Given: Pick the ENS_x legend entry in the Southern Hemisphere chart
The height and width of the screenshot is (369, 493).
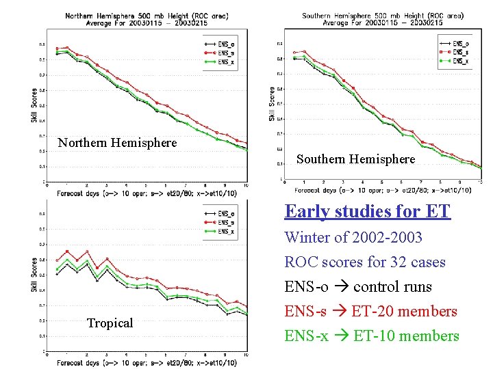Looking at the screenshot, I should click(x=459, y=61).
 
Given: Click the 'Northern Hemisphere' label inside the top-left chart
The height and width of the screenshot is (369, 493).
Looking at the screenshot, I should click(x=117, y=143).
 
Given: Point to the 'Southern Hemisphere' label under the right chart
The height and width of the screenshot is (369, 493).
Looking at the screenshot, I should click(x=355, y=159).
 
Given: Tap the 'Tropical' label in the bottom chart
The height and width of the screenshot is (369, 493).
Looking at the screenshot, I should click(x=110, y=323).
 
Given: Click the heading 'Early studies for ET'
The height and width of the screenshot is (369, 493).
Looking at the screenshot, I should click(x=368, y=211).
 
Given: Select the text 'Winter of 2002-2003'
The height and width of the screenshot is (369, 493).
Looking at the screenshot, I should click(x=353, y=238).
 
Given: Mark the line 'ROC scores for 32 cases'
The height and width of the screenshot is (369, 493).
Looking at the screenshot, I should click(x=365, y=262).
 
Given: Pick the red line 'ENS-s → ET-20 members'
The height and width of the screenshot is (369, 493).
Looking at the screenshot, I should click(x=370, y=312).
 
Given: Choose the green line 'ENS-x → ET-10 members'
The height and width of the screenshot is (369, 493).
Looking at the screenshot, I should click(x=372, y=336).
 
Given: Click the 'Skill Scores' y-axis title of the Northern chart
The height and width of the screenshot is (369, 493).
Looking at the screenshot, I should click(x=34, y=105).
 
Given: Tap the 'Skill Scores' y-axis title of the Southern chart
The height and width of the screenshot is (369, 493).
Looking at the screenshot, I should click(x=272, y=103).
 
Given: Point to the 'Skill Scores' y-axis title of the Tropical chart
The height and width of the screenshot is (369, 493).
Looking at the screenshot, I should click(x=34, y=275).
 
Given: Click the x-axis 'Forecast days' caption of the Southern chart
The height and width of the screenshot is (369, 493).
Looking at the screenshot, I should click(x=384, y=190).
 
